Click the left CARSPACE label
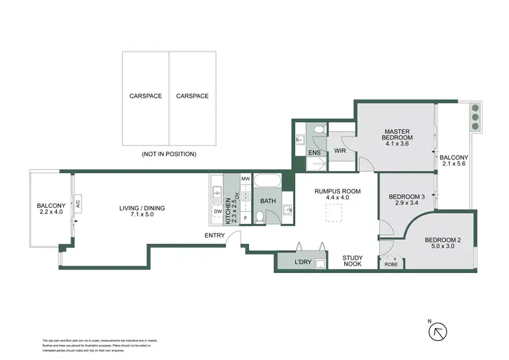coord(145,96)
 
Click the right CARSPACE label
coord(192,96)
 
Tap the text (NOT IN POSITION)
coord(168,154)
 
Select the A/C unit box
coord(78,204)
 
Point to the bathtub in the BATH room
coord(269,182)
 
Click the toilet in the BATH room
coord(260,217)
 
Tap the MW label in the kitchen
coord(246,179)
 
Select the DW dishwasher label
coord(217,211)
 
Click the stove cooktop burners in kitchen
coord(246,197)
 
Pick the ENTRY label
coord(214,236)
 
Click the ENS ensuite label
coord(314,152)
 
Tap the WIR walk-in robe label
coord(341,151)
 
